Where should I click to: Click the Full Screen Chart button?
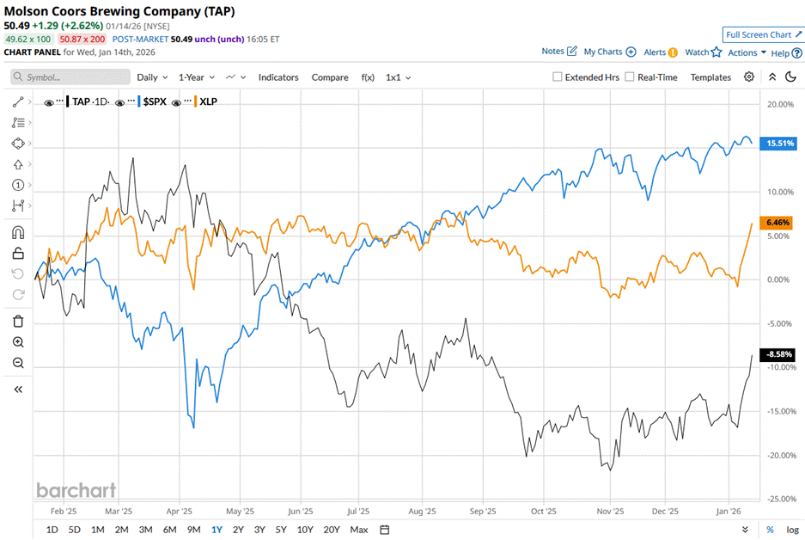[762, 34]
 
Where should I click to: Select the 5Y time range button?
[281, 529]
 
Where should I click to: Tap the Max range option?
[359, 529]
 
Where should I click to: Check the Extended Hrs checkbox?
[558, 77]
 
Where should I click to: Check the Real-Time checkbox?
[630, 77]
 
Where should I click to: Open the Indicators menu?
[278, 77]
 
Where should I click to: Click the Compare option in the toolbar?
[330, 77]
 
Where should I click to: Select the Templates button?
[710, 77]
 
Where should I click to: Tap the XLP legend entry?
[207, 101]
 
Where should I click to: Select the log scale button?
[792, 529]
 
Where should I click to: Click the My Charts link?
[609, 52]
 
